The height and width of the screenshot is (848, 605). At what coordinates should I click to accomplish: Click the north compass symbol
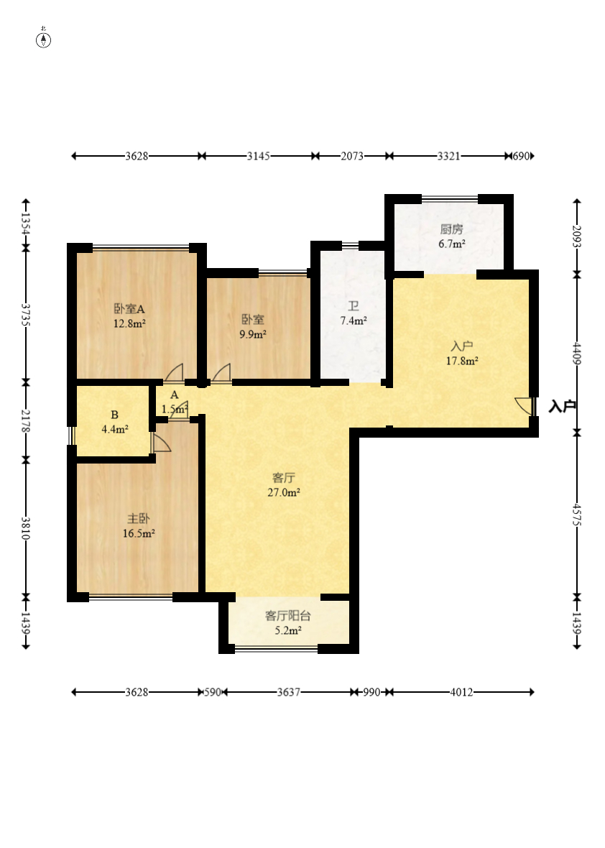[44, 40]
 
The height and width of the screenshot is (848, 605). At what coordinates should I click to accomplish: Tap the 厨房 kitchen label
[451, 229]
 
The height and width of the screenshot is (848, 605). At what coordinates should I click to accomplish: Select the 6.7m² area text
[452, 244]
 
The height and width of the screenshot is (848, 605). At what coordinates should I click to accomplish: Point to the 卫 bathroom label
[354, 307]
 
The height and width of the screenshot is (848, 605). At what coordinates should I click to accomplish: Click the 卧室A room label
[130, 309]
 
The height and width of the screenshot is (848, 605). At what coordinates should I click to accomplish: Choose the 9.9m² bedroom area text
[253, 335]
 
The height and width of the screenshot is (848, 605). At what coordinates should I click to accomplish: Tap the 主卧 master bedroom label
[139, 519]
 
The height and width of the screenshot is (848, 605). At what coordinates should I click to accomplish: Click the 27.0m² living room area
[284, 493]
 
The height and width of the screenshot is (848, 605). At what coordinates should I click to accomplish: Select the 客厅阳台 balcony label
[287, 616]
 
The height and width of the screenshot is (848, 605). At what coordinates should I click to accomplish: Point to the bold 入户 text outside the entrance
[563, 406]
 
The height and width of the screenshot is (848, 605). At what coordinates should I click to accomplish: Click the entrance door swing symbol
[524, 406]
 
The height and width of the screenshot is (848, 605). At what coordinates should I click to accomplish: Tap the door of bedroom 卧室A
[174, 373]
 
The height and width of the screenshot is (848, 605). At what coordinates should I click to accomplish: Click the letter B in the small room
[115, 415]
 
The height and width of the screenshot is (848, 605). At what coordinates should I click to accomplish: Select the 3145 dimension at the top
[259, 156]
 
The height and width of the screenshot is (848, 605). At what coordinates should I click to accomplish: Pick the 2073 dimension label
[352, 156]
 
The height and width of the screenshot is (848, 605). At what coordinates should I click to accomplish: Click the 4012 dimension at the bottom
[461, 692]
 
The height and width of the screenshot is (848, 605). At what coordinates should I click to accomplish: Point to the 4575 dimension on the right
[577, 515]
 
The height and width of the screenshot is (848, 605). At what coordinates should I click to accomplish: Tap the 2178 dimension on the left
[25, 420]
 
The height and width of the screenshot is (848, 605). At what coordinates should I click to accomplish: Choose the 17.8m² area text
[462, 361]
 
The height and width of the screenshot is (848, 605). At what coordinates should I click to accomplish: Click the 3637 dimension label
[288, 692]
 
